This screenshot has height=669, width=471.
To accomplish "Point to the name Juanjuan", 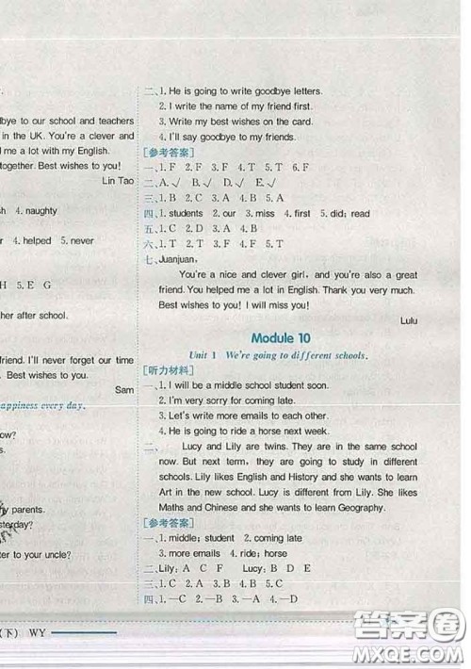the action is [x=177, y=258].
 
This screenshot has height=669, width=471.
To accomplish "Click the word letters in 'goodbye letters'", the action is [x=303, y=91].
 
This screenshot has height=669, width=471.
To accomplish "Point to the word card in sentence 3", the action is [x=287, y=122].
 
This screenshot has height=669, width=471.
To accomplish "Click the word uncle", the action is [x=54, y=555].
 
